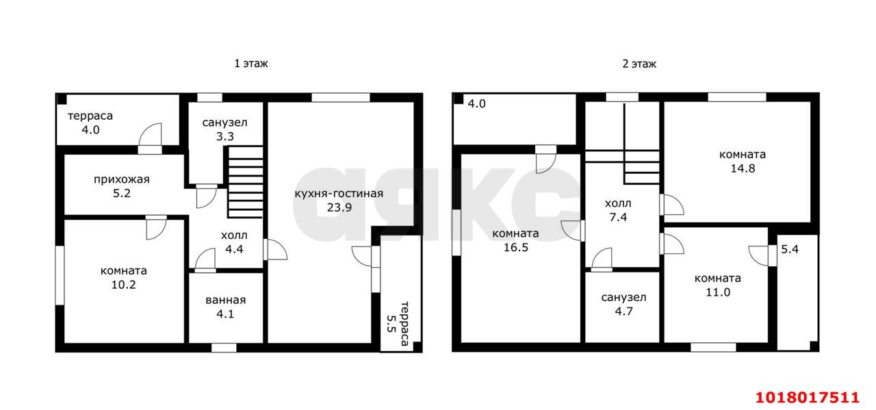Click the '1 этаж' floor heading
point(251,64)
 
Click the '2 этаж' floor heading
point(639,64)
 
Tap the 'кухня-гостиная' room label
point(339,193)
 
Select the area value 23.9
point(339,207)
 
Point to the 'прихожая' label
point(122,179)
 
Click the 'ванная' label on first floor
point(226,300)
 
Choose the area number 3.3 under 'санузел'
point(225,136)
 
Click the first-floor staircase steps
point(245,182)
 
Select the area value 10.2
point(124,285)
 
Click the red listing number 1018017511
point(807,398)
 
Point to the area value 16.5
point(516,248)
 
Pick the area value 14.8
point(743,168)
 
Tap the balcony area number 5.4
point(790,249)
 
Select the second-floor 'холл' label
point(618,203)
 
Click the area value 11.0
point(718,292)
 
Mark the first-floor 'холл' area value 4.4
point(234,249)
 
